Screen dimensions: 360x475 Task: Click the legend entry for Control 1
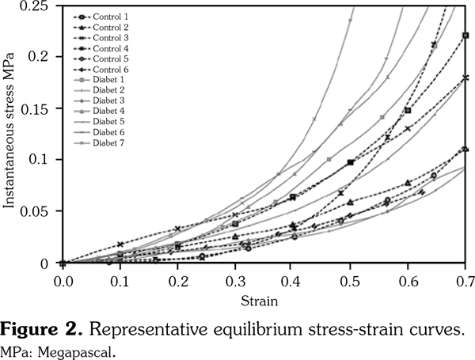coord(112,17)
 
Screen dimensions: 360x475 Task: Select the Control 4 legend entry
coord(112,48)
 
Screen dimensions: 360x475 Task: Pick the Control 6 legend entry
coord(112,69)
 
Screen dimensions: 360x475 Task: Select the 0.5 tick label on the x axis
coord(350,279)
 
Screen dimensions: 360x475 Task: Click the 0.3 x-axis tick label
coord(235,279)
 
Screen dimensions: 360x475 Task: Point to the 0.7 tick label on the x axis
coord(465,279)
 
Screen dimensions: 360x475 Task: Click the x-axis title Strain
coord(262,301)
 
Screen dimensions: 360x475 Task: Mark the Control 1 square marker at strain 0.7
coord(465,36)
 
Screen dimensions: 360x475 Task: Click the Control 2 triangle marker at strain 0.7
coord(465,148)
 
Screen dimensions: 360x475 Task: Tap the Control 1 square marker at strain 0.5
coord(351,162)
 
